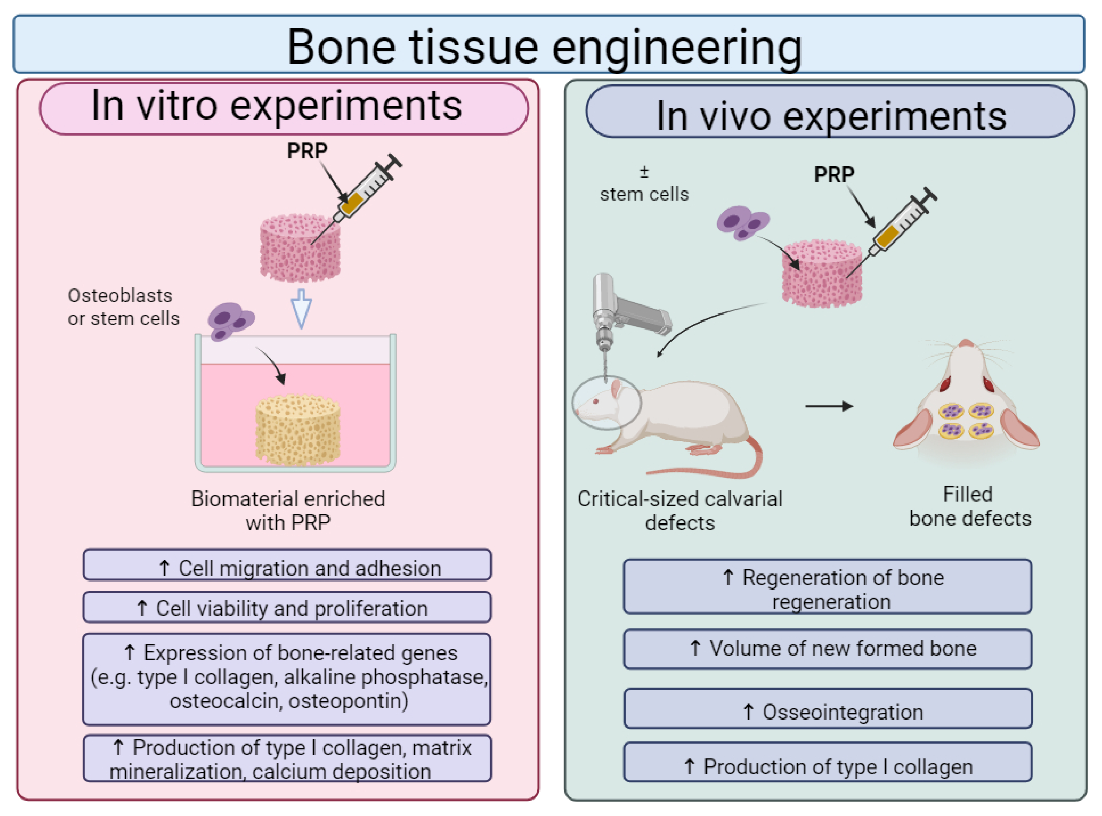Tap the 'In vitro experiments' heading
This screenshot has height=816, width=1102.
click(276, 105)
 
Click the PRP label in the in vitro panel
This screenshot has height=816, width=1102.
click(307, 151)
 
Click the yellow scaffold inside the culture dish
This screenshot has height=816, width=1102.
click(297, 430)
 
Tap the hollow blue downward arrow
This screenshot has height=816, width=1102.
click(301, 309)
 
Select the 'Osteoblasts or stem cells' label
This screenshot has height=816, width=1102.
click(123, 307)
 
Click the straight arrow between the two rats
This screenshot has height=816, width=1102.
click(829, 406)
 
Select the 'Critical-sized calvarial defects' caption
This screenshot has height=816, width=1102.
click(680, 511)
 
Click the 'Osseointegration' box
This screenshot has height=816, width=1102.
click(827, 708)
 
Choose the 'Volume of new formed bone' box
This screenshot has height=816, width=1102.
click(827, 649)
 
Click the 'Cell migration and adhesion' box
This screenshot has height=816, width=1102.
click(287, 565)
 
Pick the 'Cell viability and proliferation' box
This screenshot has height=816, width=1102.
click(287, 607)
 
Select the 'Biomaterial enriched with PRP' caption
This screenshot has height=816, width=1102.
click(288, 511)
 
